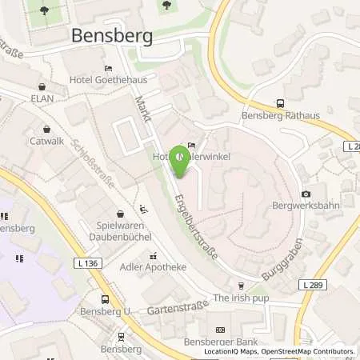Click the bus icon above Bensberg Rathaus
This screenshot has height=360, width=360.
click(x=280, y=102)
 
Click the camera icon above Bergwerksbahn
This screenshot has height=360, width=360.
click(x=306, y=194)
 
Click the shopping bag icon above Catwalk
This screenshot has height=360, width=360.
click(x=47, y=127)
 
